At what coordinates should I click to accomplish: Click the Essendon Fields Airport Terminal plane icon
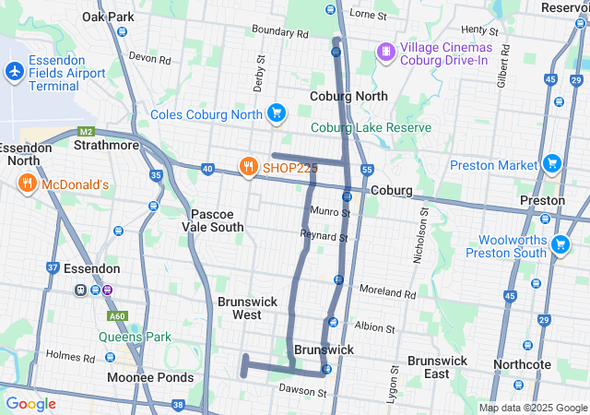pos(15,70)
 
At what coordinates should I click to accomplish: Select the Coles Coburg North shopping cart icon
pos(275,113)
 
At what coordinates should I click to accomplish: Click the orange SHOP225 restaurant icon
pos(247,167)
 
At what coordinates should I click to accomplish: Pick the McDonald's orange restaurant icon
pos(26,184)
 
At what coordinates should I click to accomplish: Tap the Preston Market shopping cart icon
pos(551,164)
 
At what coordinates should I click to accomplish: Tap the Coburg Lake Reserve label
pos(371,127)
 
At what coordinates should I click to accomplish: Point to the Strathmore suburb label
pos(106,146)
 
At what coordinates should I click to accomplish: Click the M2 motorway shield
pos(87,131)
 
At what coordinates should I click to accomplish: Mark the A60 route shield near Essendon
pos(116,315)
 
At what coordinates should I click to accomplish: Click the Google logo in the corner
pos(30,403)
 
